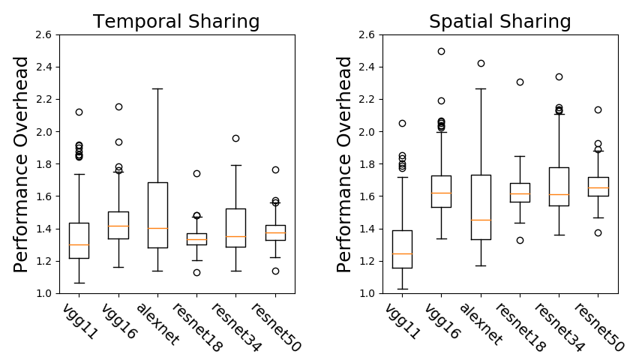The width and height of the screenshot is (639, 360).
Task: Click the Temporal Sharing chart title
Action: [176, 22]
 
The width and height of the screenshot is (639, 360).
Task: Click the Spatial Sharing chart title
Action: [499, 22]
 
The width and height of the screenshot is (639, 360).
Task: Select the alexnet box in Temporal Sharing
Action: [157, 214]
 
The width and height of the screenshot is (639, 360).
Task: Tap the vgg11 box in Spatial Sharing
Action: [402, 249]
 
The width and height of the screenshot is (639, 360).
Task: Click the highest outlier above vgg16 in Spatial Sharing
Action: [441, 51]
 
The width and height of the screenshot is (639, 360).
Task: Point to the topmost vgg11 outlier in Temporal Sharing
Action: [79, 112]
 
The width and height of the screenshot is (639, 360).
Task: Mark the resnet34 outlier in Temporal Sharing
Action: [235, 138]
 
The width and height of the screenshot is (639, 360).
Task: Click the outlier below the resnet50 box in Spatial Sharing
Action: [598, 232]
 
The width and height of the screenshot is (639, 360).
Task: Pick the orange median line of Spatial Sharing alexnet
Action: [481, 220]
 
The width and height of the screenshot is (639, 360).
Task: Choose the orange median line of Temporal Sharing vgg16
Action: [118, 226]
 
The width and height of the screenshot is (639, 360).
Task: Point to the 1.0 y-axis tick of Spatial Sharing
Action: [366, 293]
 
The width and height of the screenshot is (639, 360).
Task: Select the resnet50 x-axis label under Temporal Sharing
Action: [275, 327]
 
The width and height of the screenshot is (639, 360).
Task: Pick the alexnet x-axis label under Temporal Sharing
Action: [158, 324]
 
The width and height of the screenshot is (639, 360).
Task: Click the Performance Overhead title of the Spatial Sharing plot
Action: [344, 163]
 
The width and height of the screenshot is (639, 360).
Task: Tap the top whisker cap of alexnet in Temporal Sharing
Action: [157, 88]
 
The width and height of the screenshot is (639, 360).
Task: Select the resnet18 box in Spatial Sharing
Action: [520, 193]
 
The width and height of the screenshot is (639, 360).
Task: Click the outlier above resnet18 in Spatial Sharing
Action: [520, 82]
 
